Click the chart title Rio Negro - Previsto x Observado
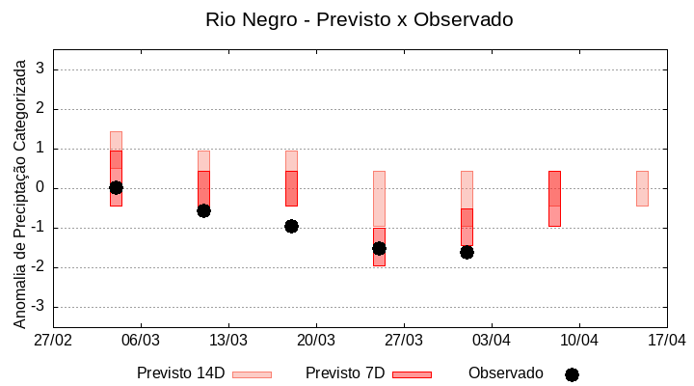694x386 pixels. (359, 19)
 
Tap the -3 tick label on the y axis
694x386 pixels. (39, 307)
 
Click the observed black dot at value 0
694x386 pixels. (116, 187)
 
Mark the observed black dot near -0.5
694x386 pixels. (203, 210)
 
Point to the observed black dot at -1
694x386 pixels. (291, 226)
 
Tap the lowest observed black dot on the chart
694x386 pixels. (467, 252)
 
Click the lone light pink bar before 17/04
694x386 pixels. (642, 188)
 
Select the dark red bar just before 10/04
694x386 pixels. (554, 198)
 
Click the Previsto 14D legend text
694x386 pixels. (181, 373)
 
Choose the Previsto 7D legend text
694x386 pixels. (345, 373)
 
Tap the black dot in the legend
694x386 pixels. (572, 374)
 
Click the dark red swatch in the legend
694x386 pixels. (412, 374)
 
